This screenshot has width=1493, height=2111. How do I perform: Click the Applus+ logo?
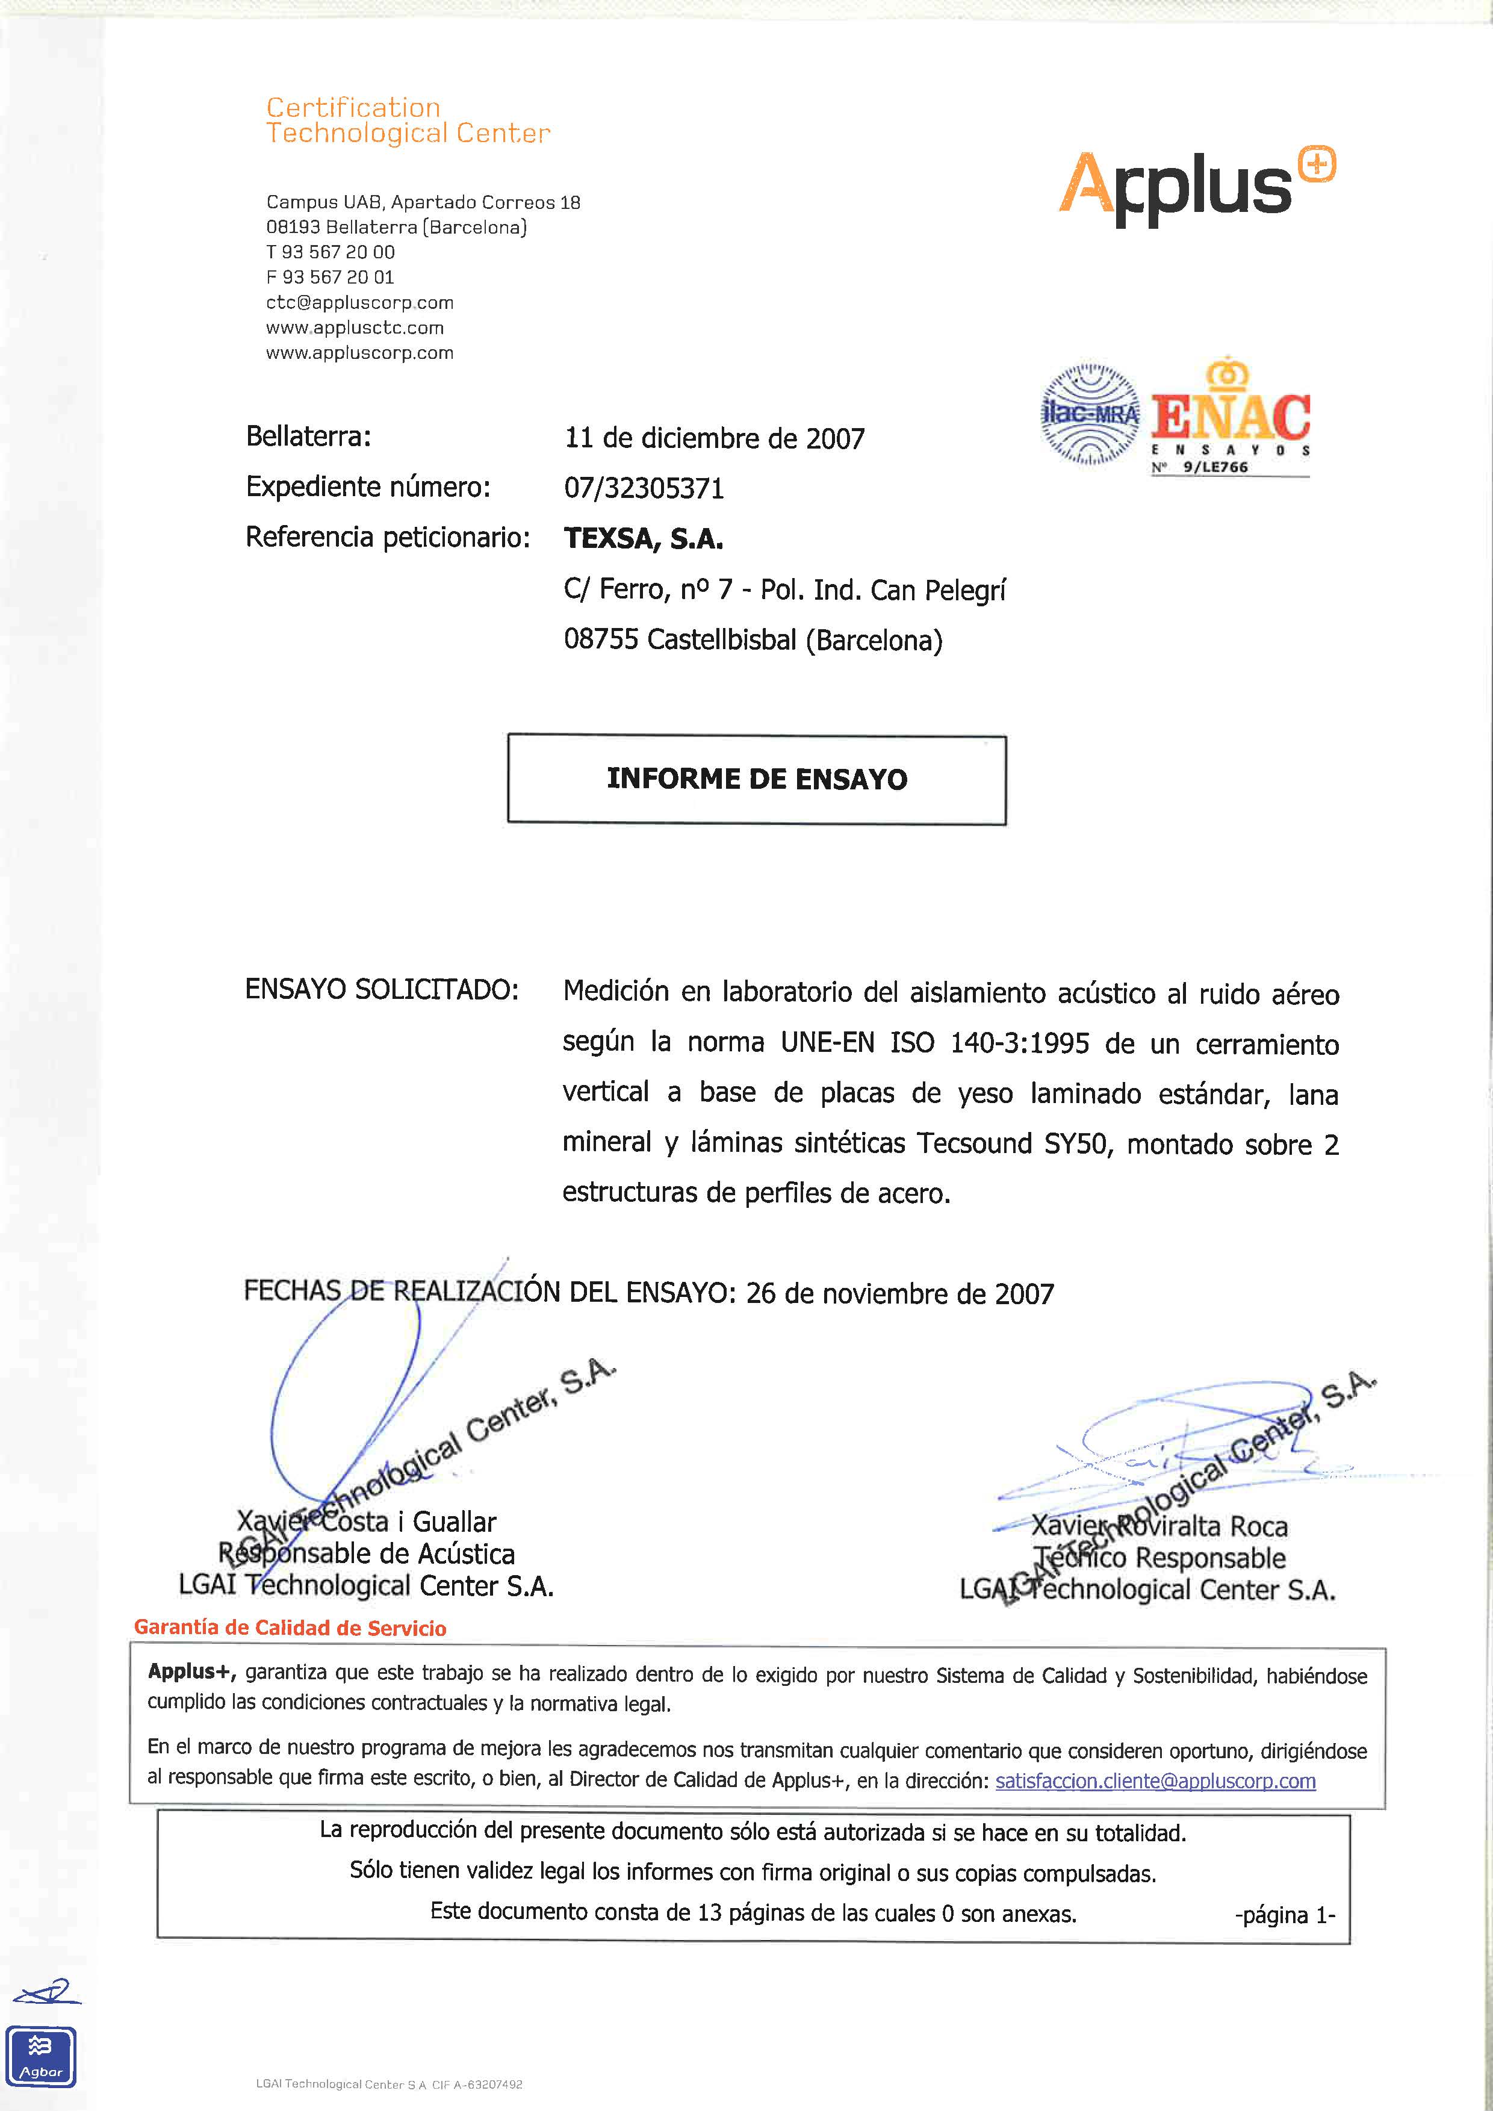coord(1195,187)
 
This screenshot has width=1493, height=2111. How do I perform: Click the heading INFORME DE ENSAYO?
coord(757,779)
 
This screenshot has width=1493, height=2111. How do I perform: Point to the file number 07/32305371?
coord(644,488)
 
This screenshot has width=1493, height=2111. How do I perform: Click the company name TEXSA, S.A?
coord(644,539)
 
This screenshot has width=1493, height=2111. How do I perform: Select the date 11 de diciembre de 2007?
coord(715,438)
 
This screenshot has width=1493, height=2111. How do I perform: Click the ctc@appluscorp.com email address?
coord(359,302)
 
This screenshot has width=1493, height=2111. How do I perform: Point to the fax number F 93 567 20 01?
coord(330,277)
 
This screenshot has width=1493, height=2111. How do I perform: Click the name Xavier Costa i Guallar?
coord(367,1522)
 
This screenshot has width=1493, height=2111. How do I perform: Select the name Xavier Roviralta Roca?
coord(1159,1526)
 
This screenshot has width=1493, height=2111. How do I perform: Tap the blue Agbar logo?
coord(42,2057)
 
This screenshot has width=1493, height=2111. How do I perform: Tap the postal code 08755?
coord(600,640)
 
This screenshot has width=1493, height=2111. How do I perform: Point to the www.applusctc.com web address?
coord(355,328)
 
